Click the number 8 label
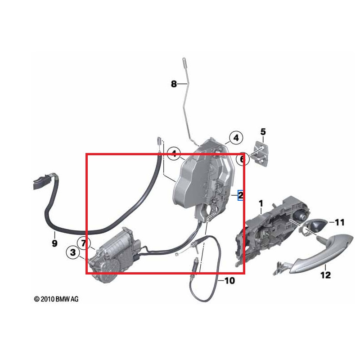click(174, 84)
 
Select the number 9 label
click(54, 243)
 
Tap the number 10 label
click(229, 281)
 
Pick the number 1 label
click(260, 205)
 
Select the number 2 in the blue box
click(240, 195)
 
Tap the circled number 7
click(83, 243)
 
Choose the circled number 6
click(242, 159)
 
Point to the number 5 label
click(263, 132)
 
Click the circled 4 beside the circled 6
click(235, 137)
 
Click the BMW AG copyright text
click(56, 299)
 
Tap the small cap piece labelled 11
click(316, 224)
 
